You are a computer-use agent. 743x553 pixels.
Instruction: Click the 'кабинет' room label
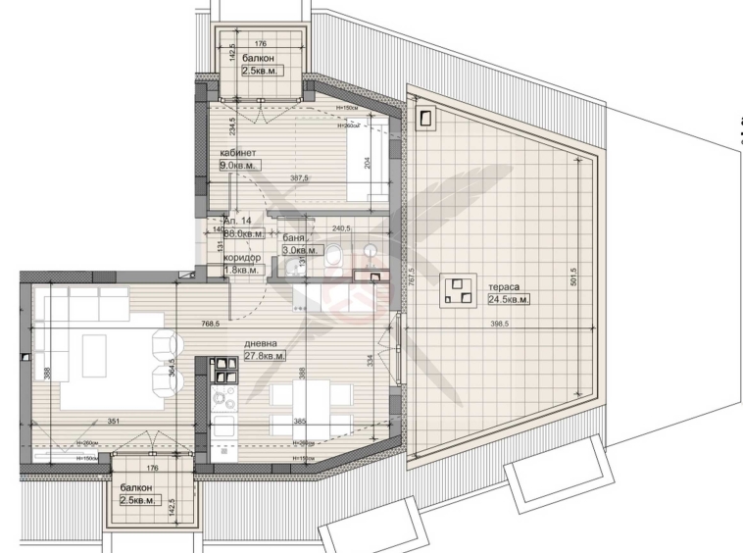tap(238, 153)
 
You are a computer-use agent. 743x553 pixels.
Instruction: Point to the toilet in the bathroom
tap(333, 257)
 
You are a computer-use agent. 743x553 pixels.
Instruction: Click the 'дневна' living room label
tap(261, 343)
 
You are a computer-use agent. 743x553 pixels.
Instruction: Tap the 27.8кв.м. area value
tap(265, 356)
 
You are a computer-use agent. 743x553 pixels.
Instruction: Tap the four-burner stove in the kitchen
tap(223, 397)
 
